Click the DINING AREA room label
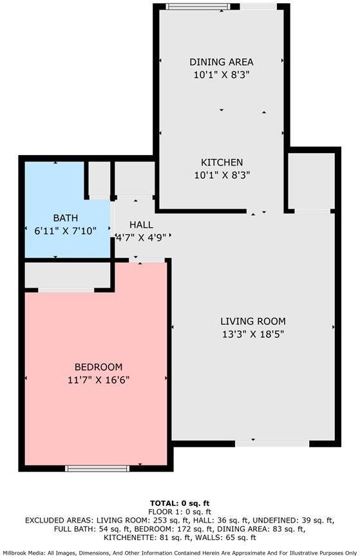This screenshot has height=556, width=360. click(221, 62)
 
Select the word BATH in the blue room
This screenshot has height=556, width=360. click(65, 218)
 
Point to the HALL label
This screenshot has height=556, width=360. click(141, 225)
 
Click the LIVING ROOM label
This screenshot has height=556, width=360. click(252, 321)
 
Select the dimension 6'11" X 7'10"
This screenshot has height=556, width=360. click(65, 230)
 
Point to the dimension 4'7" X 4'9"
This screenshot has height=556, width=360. click(141, 236)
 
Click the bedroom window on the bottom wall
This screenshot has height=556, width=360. click(97, 468)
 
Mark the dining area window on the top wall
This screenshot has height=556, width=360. click(197, 6)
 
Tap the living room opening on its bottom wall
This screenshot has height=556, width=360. click(272, 443)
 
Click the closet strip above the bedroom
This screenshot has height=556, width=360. click(68, 276)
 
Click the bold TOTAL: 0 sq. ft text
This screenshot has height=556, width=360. click(180, 503)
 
